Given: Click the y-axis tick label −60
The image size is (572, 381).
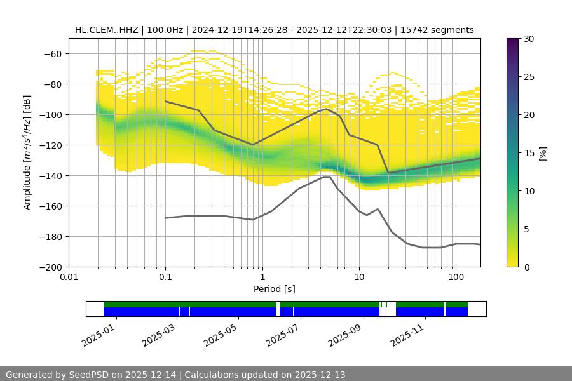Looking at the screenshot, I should coord(53,53).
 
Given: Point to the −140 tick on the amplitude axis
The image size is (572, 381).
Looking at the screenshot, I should coord(50,175).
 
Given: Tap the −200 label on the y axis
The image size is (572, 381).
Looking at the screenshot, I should coord(50,267).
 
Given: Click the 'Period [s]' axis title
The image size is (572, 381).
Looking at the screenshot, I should coord(275,289).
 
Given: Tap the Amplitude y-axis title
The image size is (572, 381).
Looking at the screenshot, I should coord(27,152).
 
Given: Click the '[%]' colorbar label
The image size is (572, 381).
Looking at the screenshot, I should coord(543,153).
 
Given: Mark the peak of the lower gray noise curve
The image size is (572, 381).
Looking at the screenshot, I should coord(326,177).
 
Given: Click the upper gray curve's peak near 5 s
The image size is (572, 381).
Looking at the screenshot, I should coord(326,109).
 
